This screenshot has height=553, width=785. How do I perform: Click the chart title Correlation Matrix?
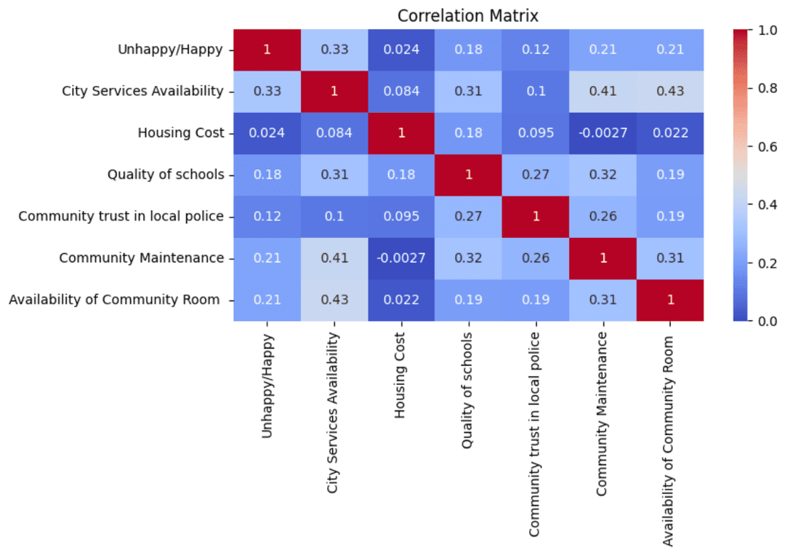coord(467,15)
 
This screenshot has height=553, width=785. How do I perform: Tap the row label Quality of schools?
coord(166,175)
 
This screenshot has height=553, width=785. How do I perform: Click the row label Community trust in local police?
coord(121,216)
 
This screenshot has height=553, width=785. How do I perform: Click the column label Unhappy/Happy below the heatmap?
coord(267,386)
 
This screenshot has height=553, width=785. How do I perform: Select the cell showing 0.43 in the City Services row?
coord(669,92)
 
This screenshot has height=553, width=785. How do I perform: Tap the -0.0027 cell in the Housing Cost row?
coord(603,133)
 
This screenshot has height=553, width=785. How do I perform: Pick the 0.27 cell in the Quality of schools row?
coord(536,175)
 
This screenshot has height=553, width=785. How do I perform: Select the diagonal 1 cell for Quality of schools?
coord(468,175)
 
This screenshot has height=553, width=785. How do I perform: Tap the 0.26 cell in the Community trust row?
coord(603,216)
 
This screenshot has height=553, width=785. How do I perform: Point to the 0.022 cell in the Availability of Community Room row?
coord(401,300)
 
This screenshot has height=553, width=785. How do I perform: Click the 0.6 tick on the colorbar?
coord(765,146)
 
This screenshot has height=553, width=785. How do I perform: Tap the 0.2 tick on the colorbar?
coord(765,263)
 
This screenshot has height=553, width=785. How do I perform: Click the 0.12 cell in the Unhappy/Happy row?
coord(536,50)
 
